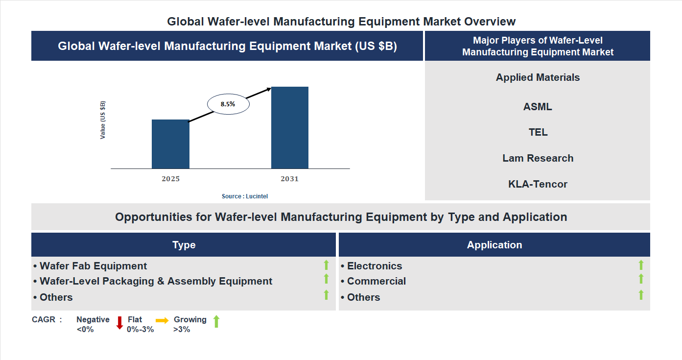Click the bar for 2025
point(170,144)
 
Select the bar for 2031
point(290,128)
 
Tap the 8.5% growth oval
point(228,104)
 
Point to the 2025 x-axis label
point(170,179)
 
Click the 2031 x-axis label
point(289,179)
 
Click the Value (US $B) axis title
point(103,120)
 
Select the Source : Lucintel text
point(245,196)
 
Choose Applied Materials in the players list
point(538,77)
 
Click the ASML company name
point(538,107)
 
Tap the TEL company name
point(538,132)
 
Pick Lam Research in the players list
point(538,158)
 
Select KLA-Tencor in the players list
point(538,184)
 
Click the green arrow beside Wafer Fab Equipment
point(326,265)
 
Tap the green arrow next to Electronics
point(641,265)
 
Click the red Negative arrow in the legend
point(119,323)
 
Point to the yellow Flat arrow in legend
point(162,320)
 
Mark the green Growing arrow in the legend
point(216,322)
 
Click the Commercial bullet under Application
point(376,281)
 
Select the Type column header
point(184,245)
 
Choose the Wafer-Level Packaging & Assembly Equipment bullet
point(156,281)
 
